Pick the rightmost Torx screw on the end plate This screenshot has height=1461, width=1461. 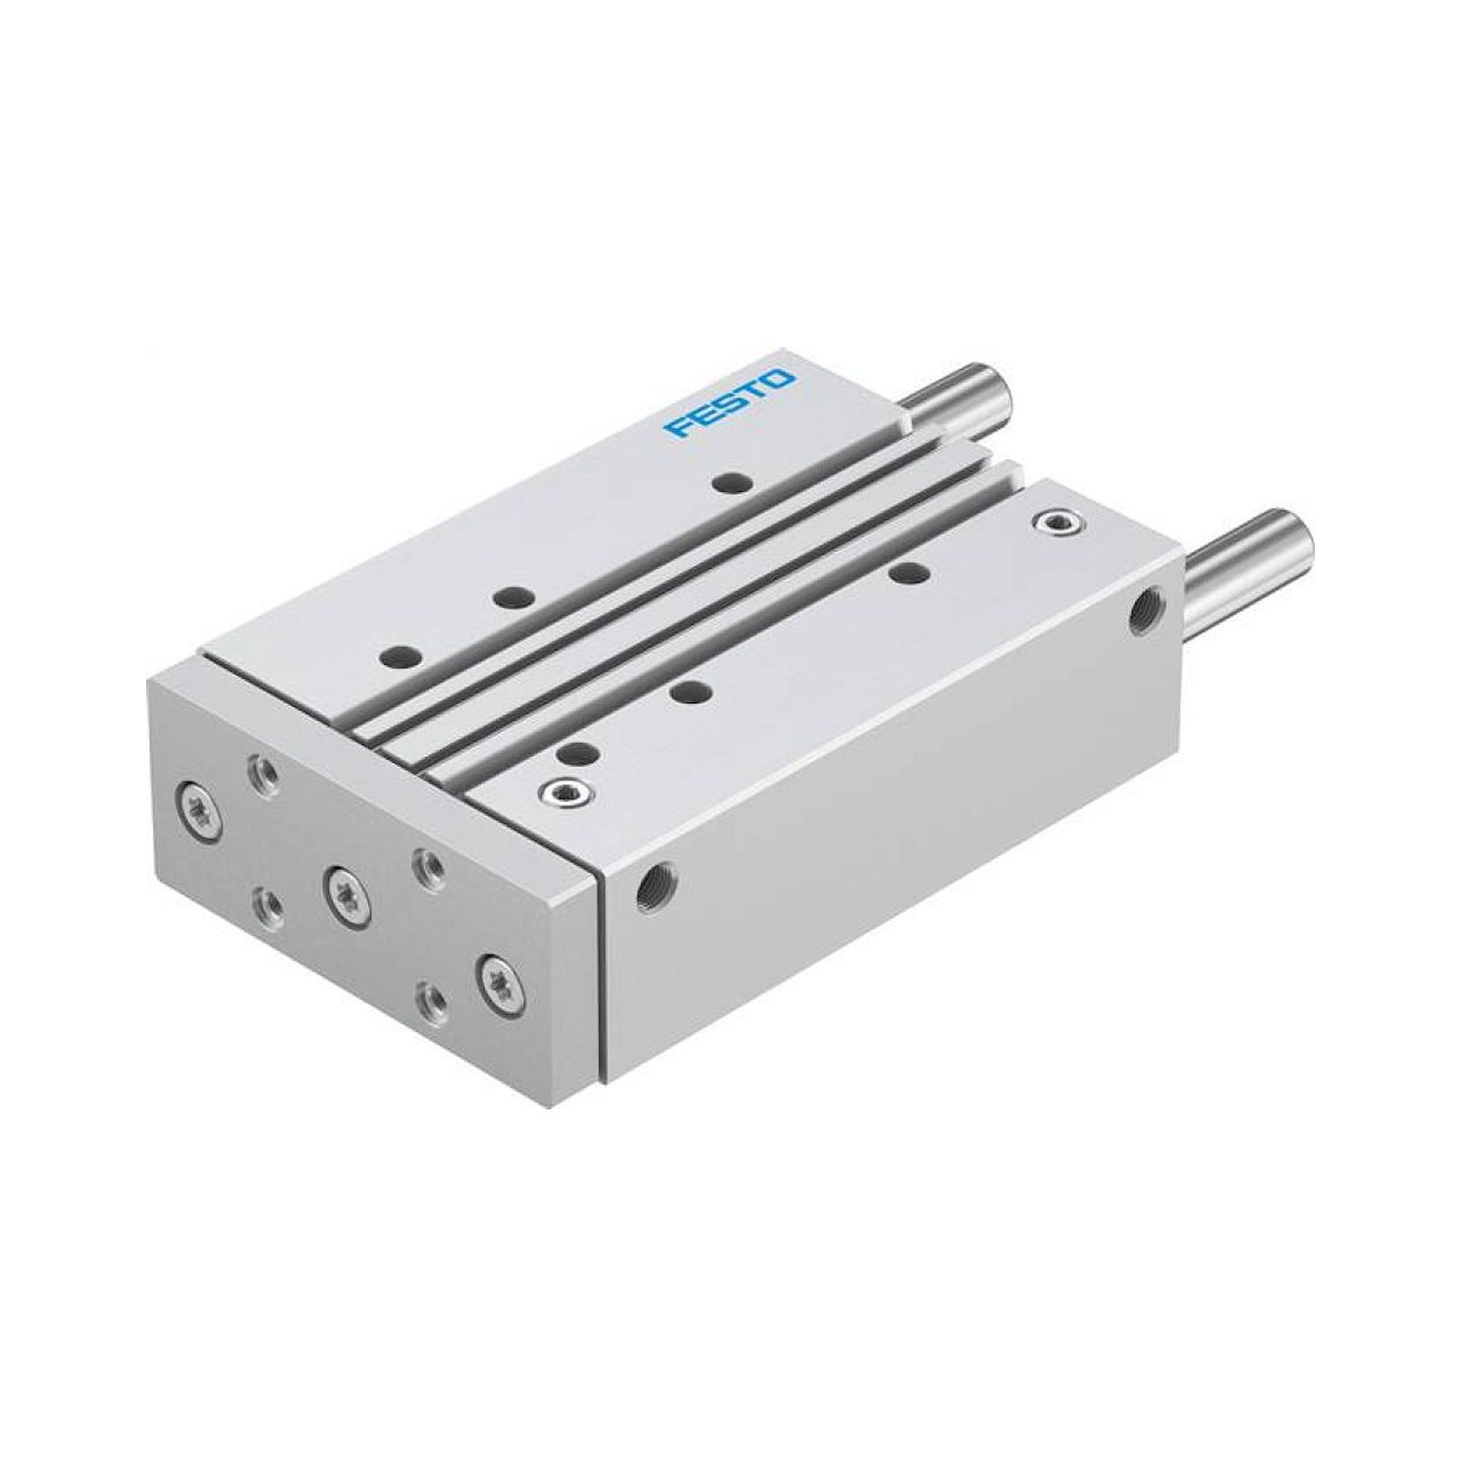(x=501, y=993)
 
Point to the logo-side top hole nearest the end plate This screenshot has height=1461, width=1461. (x=400, y=633)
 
